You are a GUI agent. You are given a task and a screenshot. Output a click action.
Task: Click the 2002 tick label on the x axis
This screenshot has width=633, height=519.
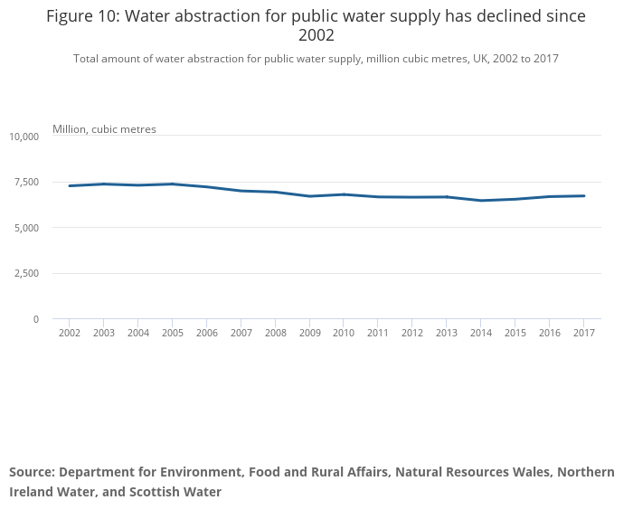tap(70, 334)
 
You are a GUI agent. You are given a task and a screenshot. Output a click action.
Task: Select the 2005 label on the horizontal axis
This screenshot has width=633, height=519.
tap(173, 334)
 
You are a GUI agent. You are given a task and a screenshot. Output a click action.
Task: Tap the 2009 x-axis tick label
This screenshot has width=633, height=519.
tap(309, 334)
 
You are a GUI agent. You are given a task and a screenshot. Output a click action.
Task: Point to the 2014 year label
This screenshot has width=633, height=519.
tap(481, 334)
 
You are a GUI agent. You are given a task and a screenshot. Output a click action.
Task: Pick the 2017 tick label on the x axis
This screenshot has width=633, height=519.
tap(583, 334)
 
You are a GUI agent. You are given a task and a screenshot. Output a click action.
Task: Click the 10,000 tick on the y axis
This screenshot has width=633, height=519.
tap(24, 137)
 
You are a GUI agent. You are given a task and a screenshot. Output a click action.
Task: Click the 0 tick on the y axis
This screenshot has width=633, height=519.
tap(36, 319)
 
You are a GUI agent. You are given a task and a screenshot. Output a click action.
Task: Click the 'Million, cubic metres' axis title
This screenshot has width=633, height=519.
tap(104, 129)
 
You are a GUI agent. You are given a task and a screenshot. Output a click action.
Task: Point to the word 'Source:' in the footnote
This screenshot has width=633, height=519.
tap(33, 472)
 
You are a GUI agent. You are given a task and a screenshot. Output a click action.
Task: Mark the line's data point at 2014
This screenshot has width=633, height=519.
tap(481, 201)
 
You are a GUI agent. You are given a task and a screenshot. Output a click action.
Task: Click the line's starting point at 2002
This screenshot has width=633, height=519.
tap(70, 186)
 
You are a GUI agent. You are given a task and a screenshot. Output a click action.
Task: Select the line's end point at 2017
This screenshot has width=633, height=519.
tap(583, 196)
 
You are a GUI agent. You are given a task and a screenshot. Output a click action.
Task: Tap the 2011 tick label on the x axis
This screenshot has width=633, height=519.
tap(378, 334)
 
